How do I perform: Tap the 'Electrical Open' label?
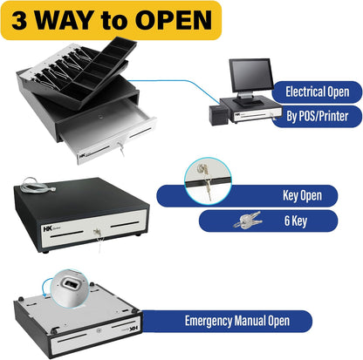point(311,92)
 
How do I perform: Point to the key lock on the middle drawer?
point(95,231)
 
